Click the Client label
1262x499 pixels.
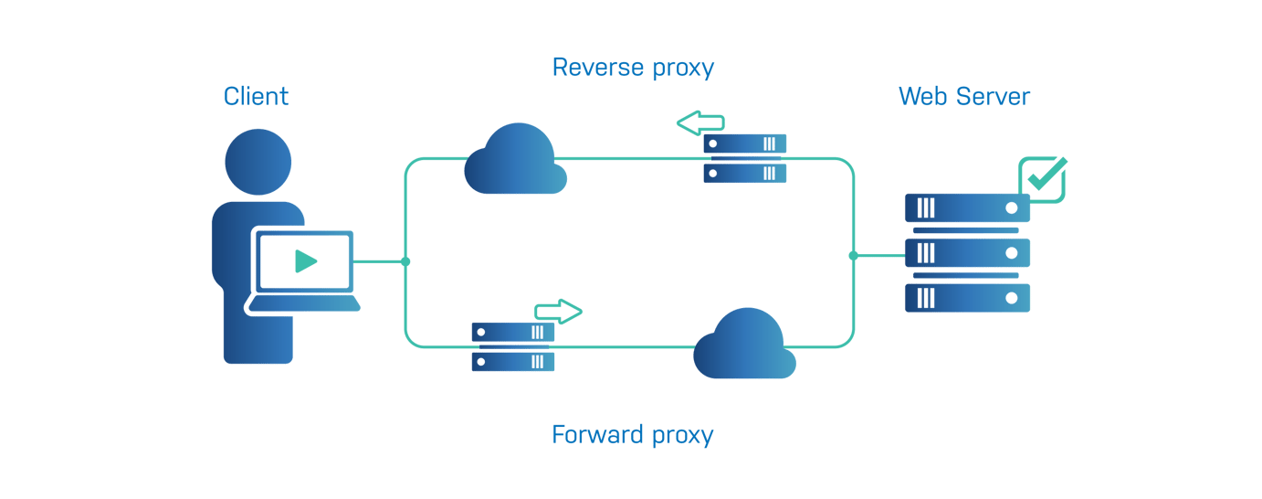[x=257, y=96]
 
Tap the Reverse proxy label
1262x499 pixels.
[x=633, y=67]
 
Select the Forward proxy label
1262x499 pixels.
[x=632, y=434]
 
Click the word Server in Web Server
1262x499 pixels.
[x=992, y=96]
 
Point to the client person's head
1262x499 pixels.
[x=258, y=162]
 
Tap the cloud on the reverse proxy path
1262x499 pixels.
[x=515, y=161]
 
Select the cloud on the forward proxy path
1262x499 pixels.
[x=744, y=345]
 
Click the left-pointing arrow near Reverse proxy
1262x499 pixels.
[x=700, y=122]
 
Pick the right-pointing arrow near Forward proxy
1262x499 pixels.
[x=558, y=312]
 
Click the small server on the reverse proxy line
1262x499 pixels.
[x=744, y=158]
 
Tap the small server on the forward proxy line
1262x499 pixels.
[x=513, y=347]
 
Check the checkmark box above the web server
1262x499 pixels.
[x=1043, y=178]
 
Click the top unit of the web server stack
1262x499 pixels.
[x=967, y=208]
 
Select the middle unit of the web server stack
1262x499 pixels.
[x=967, y=252]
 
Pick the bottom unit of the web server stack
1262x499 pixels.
[x=967, y=298]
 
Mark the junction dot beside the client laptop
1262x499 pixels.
[x=405, y=262]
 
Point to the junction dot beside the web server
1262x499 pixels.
[x=853, y=256]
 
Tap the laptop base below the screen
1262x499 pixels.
[x=303, y=304]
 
